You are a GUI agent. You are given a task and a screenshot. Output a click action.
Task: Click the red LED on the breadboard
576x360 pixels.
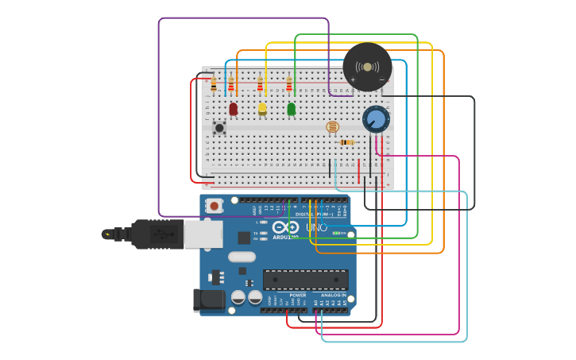coord(233,108)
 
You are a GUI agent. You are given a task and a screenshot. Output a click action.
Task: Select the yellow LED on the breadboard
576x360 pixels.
coord(262,108)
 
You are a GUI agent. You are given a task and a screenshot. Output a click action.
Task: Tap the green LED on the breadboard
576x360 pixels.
coord(291,108)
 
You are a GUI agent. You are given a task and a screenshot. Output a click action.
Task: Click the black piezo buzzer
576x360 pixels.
coord(367,68)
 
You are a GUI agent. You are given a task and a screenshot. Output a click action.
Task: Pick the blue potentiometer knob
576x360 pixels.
coord(375,120)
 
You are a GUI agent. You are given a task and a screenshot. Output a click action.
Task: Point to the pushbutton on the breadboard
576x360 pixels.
coord(219,127)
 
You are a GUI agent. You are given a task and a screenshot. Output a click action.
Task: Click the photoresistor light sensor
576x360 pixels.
coord(332,126)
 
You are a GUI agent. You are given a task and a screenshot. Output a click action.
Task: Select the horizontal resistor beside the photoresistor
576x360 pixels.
coord(346,142)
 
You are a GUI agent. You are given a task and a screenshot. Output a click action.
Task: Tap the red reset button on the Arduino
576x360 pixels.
coord(214,206)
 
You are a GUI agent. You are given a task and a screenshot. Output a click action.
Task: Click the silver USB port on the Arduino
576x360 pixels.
coord(203,234)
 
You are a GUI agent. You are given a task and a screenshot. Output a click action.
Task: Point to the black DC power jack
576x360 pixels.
coord(209,300)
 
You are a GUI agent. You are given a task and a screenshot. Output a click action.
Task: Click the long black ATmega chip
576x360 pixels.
coord(305,280)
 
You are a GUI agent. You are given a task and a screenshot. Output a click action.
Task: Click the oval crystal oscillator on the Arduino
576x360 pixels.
coord(242,257)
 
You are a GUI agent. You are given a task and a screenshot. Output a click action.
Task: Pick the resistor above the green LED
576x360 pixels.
coord(288,85)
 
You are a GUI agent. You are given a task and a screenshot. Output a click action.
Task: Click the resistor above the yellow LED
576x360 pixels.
coord(260,85)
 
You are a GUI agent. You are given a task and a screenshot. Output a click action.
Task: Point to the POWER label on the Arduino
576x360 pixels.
coord(297,295)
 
